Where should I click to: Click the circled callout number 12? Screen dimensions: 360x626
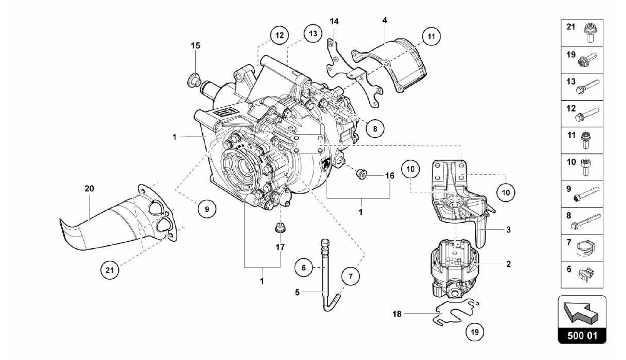pyautogui.click(x=279, y=35)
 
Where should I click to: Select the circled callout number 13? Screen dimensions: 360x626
pyautogui.click(x=313, y=33)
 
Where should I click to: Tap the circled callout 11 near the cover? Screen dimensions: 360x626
pyautogui.click(x=431, y=36)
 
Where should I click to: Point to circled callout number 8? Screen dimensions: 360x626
pyautogui.click(x=375, y=129)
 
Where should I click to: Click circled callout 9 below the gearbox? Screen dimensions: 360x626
pyautogui.click(x=207, y=209)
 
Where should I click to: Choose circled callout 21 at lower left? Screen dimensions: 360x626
pyautogui.click(x=109, y=270)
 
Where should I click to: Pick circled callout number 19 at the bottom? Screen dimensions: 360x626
pyautogui.click(x=475, y=332)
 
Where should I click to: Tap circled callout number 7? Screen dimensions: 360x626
pyautogui.click(x=350, y=276)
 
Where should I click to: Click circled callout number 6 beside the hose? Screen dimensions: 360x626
pyautogui.click(x=304, y=268)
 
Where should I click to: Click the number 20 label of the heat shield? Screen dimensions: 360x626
pyautogui.click(x=89, y=189)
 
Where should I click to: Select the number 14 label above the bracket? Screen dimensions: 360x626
pyautogui.click(x=334, y=21)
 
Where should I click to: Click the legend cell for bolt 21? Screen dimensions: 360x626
pyautogui.click(x=582, y=33)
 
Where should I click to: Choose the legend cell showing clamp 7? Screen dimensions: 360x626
pyautogui.click(x=582, y=248)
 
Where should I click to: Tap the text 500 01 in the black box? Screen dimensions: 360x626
pyautogui.click(x=582, y=336)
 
